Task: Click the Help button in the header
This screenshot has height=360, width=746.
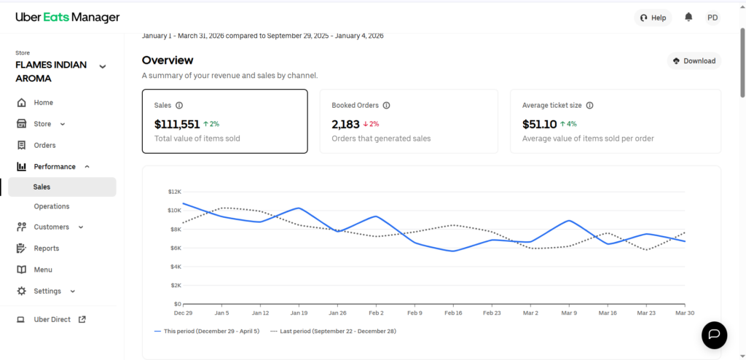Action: pos(652,17)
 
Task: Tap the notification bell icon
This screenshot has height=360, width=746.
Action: pos(688,17)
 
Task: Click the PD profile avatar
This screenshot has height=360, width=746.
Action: pos(712,17)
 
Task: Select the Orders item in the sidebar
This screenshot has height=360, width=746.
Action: pos(44,145)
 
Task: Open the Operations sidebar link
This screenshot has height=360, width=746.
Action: pos(52,206)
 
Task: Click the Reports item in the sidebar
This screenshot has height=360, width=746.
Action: pos(46,249)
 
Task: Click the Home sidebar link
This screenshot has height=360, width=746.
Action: pos(43,103)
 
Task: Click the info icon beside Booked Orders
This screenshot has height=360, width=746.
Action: pos(386,105)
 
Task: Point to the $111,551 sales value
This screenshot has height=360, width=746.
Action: pos(177,124)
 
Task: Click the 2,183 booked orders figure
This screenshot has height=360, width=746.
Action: pos(346,124)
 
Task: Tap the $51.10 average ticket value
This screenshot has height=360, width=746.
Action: pos(540,124)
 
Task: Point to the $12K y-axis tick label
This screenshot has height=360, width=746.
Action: pos(173,192)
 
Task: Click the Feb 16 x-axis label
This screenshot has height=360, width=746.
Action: pos(452,313)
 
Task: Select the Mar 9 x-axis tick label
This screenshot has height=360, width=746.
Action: pos(569,313)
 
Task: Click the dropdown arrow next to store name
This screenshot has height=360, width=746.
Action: pos(103,66)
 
